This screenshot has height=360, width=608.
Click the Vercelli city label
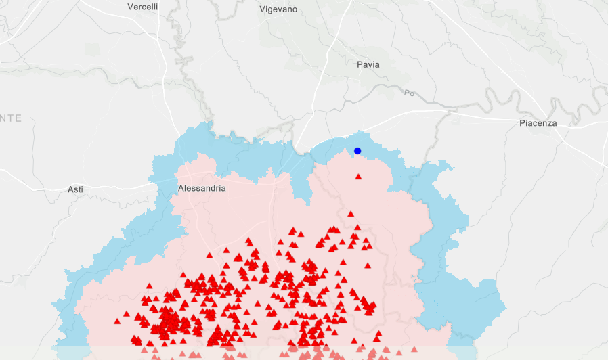(143, 7)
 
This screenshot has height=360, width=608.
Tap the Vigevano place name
(278, 9)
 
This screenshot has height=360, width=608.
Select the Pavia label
(368, 65)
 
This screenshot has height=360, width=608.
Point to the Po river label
(408, 93)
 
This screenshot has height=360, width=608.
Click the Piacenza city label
(538, 123)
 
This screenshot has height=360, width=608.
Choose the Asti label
(75, 189)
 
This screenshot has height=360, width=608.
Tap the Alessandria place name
(202, 188)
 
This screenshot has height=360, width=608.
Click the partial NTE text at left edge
(11, 118)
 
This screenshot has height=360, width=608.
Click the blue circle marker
(357, 151)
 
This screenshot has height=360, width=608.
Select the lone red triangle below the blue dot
(359, 177)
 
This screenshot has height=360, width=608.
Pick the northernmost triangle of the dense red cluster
(351, 215)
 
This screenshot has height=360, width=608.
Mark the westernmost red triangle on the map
(117, 321)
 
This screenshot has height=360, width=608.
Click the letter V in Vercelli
(130, 7)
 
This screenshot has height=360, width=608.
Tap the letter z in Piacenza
(550, 123)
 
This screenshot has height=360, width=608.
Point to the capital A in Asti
(70, 189)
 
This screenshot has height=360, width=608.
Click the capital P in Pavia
(360, 65)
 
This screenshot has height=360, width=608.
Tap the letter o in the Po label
(410, 93)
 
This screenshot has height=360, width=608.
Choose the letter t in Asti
(79, 189)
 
